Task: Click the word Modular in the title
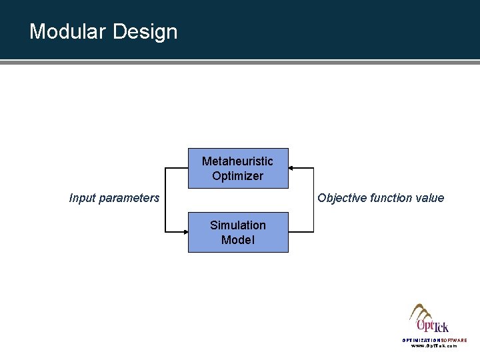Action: [x=67, y=31]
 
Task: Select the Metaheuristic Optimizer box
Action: [x=238, y=169]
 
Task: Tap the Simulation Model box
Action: [x=238, y=233]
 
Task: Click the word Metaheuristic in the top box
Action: [x=237, y=162]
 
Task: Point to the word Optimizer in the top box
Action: [x=237, y=177]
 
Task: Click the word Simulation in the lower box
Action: [x=238, y=225]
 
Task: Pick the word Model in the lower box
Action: [x=238, y=240]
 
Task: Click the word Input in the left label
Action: [x=82, y=197]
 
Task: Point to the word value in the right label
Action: [x=430, y=197]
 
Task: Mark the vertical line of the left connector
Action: [x=165, y=200]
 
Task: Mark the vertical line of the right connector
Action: [x=312, y=200]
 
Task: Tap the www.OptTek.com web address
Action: [x=434, y=346]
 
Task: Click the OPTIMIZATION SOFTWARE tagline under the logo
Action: [x=434, y=340]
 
